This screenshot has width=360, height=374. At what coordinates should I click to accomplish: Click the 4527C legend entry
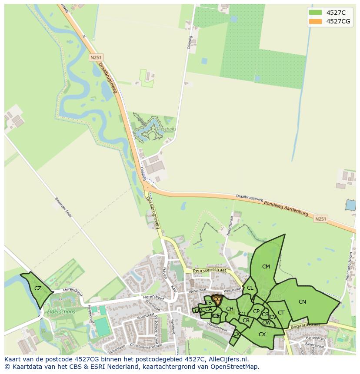pyautogui.click(x=334, y=13)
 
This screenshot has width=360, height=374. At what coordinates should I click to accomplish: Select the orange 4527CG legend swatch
pyautogui.click(x=315, y=22)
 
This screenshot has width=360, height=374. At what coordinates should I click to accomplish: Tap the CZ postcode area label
pyautogui.click(x=38, y=288)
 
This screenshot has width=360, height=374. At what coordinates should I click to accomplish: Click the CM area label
pyautogui.click(x=266, y=267)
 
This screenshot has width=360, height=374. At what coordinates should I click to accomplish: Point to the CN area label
pyautogui.click(x=302, y=302)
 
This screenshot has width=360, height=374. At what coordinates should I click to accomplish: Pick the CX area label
pyautogui.click(x=262, y=334)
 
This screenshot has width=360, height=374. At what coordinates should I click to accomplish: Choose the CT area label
pyautogui.click(x=281, y=313)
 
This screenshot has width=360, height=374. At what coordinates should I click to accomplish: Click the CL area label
pyautogui.click(x=250, y=288)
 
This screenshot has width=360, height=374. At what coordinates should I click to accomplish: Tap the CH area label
pyautogui.click(x=230, y=309)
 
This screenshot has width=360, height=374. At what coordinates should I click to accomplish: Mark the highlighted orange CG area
pyautogui.click(x=217, y=299)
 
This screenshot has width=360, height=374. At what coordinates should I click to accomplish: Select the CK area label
pyautogui.click(x=236, y=334)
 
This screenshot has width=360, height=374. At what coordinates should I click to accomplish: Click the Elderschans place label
pyautogui.click(x=61, y=311)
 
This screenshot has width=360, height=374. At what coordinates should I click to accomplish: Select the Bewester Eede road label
pyautogui.click(x=63, y=209)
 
